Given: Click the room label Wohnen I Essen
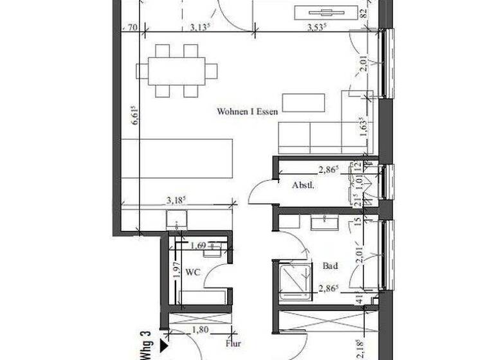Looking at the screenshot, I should pos(247,111).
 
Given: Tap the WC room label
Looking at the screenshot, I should pos(193,273).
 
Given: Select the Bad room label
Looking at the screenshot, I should pos(331,265).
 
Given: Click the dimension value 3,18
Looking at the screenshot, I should pos(176,199).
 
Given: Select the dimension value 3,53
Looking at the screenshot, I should pos(315,27).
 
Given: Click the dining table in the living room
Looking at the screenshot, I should pos(176,70).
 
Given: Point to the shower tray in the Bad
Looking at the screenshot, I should pos(293,280).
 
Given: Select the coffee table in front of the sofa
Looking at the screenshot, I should pos(304,102).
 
